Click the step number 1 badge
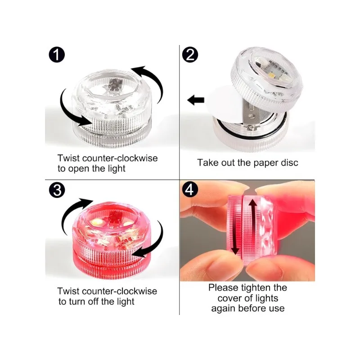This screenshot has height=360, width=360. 57,56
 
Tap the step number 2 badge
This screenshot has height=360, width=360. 190,56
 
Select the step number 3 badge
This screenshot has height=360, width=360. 57,191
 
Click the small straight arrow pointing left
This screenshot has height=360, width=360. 196,100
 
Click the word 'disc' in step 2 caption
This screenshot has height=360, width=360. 288,162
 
